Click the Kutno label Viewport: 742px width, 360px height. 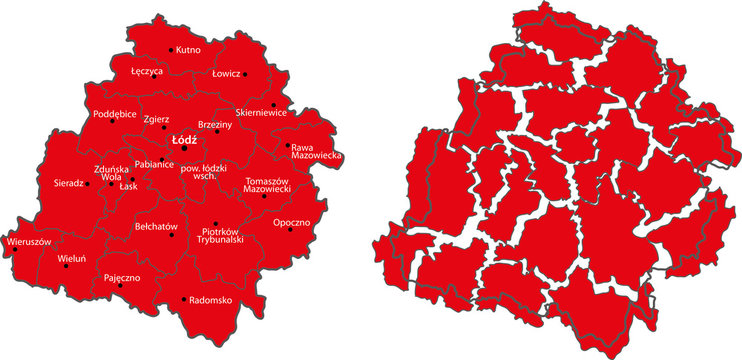coord(189,49)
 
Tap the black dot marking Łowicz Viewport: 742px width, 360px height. coord(245,74)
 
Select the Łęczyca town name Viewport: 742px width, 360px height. coord(147,72)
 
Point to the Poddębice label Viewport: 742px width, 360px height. coord(114,113)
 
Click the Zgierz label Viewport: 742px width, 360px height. coord(156,120)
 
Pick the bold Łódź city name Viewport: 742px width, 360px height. coord(184,139)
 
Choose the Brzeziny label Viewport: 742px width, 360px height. coord(215,123)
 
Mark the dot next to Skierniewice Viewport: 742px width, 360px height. coord(274,105)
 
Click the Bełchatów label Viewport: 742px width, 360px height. coord(155,226)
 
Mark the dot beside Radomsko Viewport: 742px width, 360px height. coord(183,299)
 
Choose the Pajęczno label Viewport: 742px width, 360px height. coord(121,275)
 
